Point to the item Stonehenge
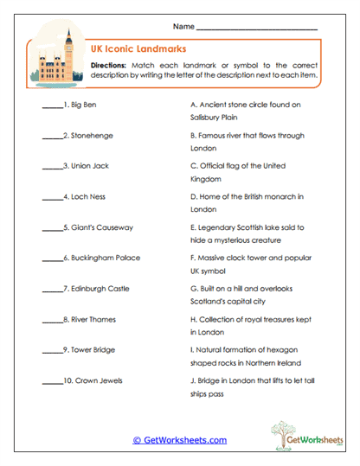click(88, 136)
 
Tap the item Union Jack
click(88, 166)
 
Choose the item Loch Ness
click(85, 197)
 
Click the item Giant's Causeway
click(98, 227)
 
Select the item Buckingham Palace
click(101, 258)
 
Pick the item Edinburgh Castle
click(97, 288)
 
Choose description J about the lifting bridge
click(248, 386)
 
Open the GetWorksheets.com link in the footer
click(179, 440)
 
